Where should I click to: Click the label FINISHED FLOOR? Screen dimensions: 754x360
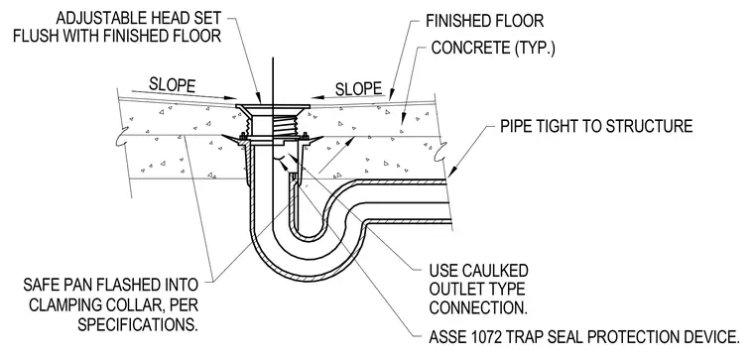click(x=485, y=21)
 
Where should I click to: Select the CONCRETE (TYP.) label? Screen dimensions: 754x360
click(x=493, y=48)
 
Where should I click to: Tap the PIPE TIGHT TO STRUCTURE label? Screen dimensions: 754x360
click(x=596, y=126)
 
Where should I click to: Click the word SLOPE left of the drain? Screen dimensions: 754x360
click(x=173, y=84)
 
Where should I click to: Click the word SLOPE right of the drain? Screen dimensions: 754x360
click(x=359, y=89)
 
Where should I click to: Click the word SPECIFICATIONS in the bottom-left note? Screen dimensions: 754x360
click(x=138, y=325)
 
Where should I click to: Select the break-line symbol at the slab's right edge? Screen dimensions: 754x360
click(x=440, y=153)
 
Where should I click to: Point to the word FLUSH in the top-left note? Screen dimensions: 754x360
click(x=35, y=36)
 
